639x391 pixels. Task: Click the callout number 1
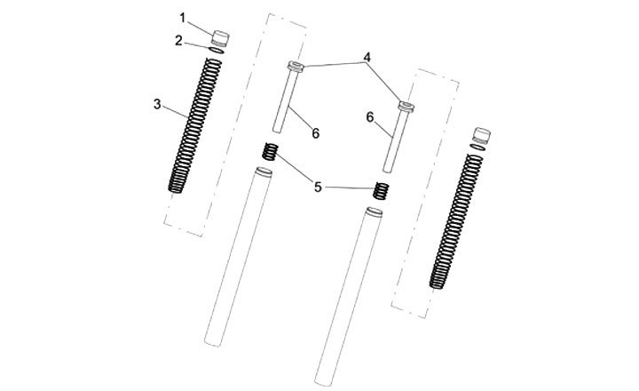pyautogui.click(x=183, y=18)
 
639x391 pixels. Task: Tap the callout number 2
pyautogui.click(x=178, y=41)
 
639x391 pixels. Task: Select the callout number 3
pyautogui.click(x=157, y=105)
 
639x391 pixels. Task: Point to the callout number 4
pyautogui.click(x=367, y=57)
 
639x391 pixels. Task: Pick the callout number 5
pyautogui.click(x=318, y=188)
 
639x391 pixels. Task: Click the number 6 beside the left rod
pyautogui.click(x=316, y=133)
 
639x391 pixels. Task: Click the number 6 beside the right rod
pyautogui.click(x=369, y=117)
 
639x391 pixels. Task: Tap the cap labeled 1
pyautogui.click(x=220, y=38)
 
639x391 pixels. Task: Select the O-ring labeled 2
pyautogui.click(x=216, y=50)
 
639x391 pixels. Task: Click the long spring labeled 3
pyautogui.click(x=194, y=125)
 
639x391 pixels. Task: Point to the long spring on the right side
pyautogui.click(x=456, y=221)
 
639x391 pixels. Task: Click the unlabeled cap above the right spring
pyautogui.click(x=481, y=135)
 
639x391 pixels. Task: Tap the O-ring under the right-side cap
pyautogui.click(x=477, y=147)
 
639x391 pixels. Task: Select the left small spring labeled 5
pyautogui.click(x=270, y=151)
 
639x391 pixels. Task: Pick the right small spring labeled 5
pyautogui.click(x=382, y=190)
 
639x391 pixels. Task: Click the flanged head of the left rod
pyautogui.click(x=296, y=66)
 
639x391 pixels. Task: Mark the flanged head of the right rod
pyautogui.click(x=406, y=107)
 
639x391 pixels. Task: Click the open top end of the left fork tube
pyautogui.click(x=264, y=172)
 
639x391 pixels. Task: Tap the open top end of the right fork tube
pyautogui.click(x=375, y=211)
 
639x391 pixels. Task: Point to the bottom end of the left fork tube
pyautogui.click(x=213, y=343)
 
